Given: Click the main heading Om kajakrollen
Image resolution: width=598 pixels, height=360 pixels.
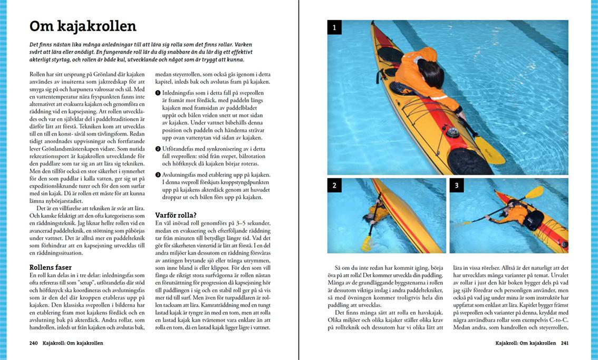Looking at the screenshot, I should (x=83, y=26).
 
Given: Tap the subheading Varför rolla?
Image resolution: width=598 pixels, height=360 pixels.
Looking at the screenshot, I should (x=176, y=215).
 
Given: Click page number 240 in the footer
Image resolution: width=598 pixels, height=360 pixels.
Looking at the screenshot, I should (x=34, y=343).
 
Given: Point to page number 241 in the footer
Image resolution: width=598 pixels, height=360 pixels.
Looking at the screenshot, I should (x=564, y=343).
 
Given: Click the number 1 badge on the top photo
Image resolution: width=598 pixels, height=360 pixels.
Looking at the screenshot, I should (x=334, y=27).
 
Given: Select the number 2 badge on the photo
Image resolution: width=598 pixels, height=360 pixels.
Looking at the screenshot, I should (x=334, y=185).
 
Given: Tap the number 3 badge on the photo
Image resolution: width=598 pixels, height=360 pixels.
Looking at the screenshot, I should (x=457, y=185).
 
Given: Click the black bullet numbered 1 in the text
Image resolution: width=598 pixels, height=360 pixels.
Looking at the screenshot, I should (x=158, y=93).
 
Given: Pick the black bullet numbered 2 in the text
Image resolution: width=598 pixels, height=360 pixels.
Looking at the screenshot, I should (x=158, y=149).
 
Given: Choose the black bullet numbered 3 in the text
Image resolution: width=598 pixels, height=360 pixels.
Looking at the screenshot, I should (x=158, y=175).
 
